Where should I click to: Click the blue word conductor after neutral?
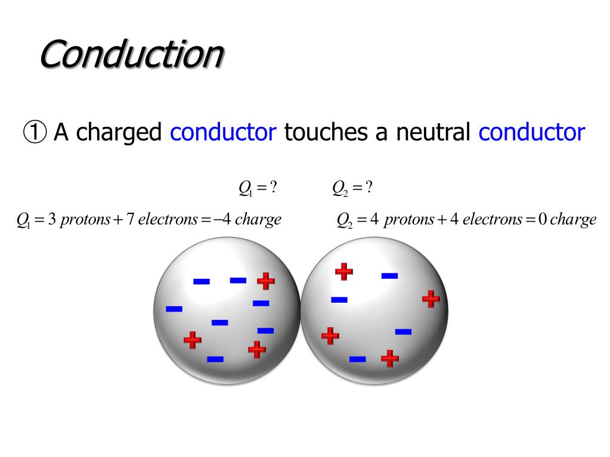531,132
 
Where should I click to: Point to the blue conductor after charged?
223,132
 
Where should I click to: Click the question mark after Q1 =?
273,188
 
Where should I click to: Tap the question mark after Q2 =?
369,188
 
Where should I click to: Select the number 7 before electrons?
129,219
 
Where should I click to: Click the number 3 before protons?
52,219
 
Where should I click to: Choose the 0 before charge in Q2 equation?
541,219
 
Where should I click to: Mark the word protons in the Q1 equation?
85,219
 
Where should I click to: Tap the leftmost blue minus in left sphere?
174,309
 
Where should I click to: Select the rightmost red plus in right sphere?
431,299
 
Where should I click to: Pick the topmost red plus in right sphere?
343,271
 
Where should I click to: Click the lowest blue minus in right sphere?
357,359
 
